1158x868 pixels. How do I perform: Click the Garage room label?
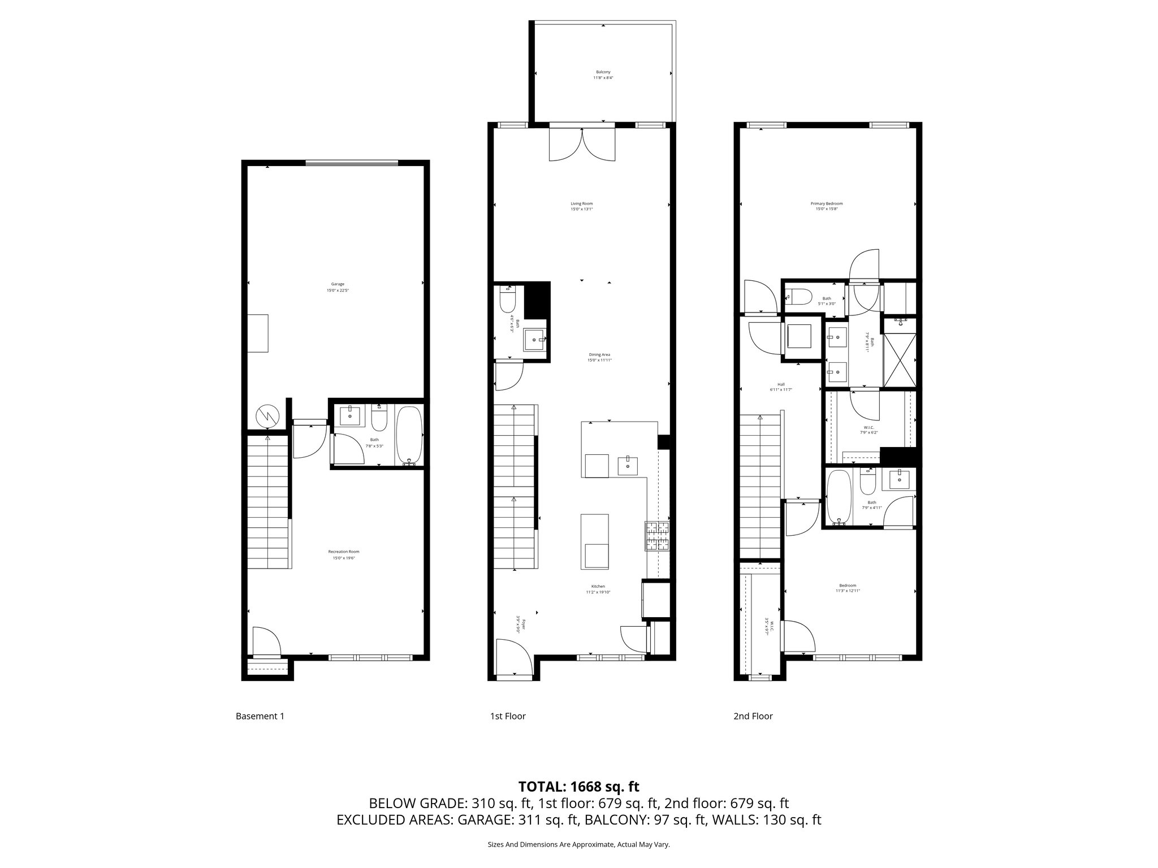[x=338, y=287]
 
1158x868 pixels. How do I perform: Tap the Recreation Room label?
[x=343, y=554]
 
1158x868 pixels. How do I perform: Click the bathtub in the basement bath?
[x=408, y=435]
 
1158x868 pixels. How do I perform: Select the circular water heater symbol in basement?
[x=267, y=416]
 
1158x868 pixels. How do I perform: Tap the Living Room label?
[x=581, y=206]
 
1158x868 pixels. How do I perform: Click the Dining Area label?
[x=599, y=357]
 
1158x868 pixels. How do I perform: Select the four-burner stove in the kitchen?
[x=657, y=536]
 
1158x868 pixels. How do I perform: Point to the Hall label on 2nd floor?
[x=781, y=387]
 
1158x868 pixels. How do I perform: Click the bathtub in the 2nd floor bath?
[x=837, y=498]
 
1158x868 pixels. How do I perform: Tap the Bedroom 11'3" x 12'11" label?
[x=848, y=588]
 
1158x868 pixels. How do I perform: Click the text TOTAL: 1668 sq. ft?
[x=578, y=786]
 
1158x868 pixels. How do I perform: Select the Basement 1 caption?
[x=260, y=716]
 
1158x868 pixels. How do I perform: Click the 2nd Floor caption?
[x=753, y=716]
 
